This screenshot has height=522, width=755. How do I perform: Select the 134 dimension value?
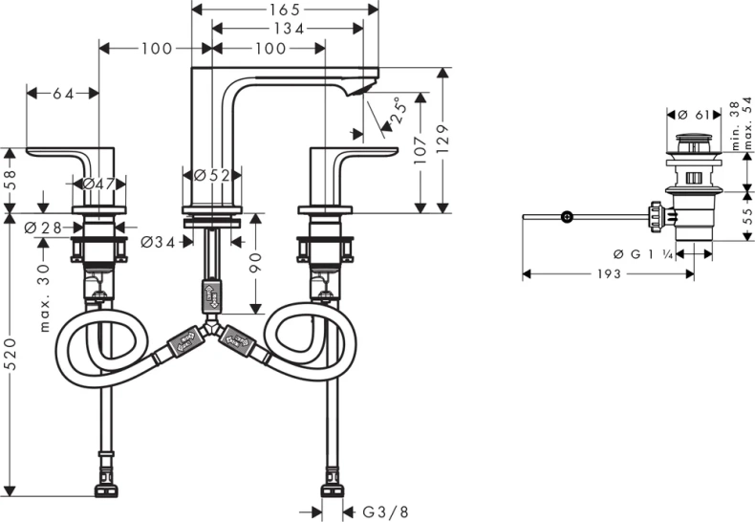286,29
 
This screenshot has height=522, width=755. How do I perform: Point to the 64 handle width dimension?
63,93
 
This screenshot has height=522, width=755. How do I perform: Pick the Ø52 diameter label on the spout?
213,175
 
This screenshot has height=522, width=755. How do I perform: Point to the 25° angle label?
396,112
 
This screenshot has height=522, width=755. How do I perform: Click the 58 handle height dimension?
11,180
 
